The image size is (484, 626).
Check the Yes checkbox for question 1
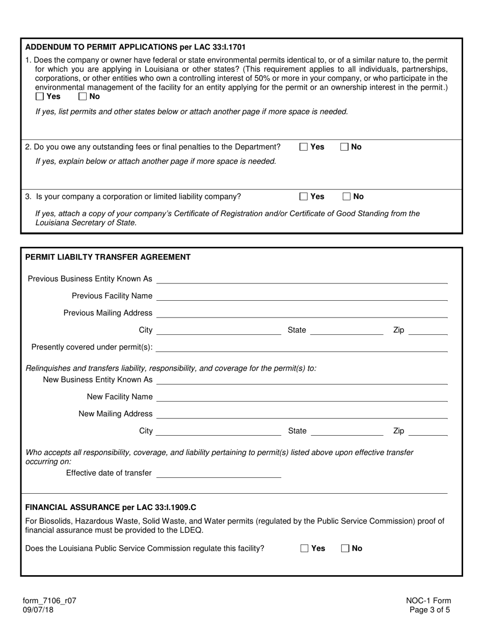coord(40,96)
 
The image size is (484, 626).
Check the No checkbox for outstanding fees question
coord(345,147)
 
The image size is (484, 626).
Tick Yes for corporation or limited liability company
coord(304,196)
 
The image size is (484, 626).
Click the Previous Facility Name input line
coord(302,296)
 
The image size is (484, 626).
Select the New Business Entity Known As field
coord(302,380)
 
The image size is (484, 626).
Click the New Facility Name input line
coord(302,396)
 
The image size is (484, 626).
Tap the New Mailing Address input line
coord(302,414)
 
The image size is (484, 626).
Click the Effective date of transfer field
coord(219,473)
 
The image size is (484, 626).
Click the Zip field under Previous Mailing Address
coord(428,330)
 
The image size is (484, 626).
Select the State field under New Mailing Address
coord(346,431)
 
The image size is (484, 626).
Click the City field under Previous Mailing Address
coord(219,330)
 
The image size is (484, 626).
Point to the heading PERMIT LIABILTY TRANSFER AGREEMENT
coord(108,257)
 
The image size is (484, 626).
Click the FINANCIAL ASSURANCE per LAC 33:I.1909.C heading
coord(111,507)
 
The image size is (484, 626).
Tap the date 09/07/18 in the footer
coord(39,609)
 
